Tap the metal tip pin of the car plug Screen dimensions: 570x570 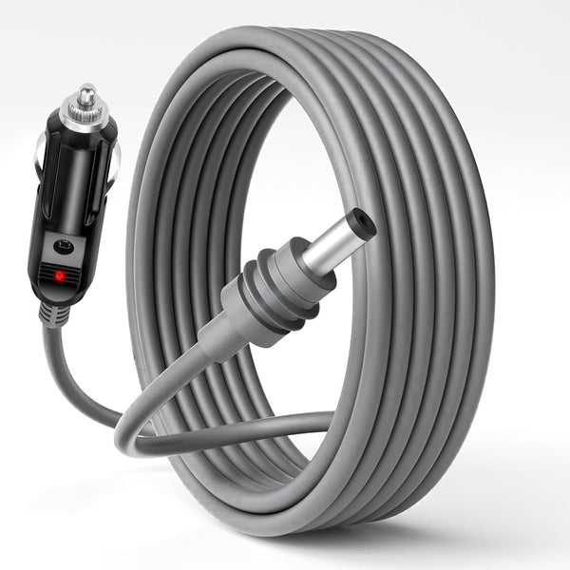pos(87,94)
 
